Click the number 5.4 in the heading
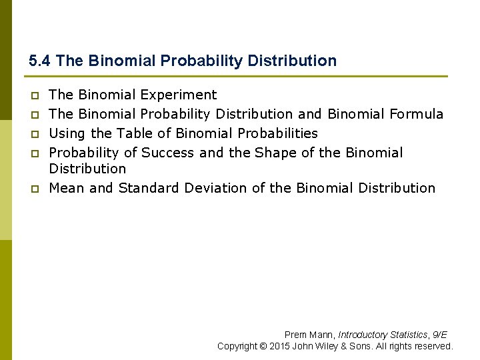coord(40,61)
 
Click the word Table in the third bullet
coord(134,133)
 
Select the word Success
coord(168,153)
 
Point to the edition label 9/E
coord(440,335)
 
